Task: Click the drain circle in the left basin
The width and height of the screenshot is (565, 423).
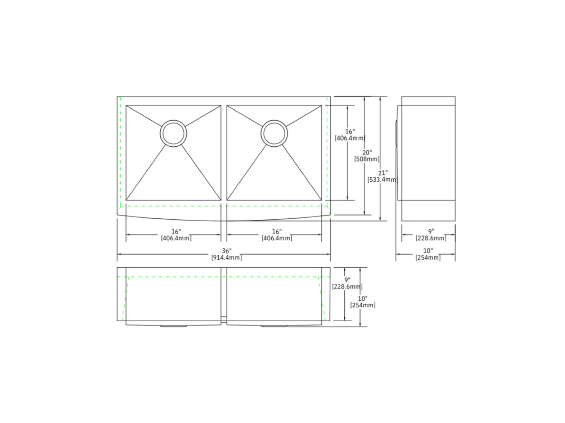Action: pos(173,133)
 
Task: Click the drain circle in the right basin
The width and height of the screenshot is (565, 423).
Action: pos(274,133)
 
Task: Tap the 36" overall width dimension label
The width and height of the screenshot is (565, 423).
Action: pos(227,251)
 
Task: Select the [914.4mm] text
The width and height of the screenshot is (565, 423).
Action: pos(227,257)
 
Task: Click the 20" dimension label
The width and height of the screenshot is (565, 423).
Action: pos(367,153)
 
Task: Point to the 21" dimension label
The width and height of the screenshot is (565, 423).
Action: pos(383,173)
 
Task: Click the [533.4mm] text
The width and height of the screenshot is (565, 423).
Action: pos(383,180)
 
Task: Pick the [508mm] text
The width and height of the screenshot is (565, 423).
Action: pos(367,159)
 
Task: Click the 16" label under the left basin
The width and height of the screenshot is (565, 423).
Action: pos(176,232)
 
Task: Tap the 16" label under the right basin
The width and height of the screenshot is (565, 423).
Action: pos(277,232)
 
